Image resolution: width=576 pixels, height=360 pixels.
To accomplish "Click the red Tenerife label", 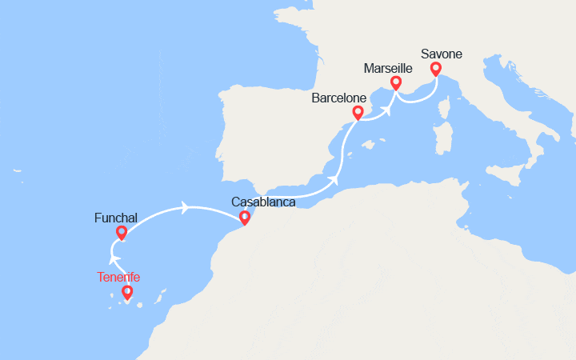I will [x=118, y=277].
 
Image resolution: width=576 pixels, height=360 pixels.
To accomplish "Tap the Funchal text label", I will [x=115, y=217].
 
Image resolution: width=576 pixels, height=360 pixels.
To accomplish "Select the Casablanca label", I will [x=263, y=202].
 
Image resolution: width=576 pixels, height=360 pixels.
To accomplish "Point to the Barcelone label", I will [x=339, y=98].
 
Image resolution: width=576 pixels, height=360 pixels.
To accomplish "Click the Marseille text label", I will [x=388, y=68].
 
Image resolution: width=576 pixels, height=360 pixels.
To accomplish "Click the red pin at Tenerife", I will [x=127, y=293].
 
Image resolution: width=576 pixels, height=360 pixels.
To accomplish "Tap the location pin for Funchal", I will [x=122, y=232].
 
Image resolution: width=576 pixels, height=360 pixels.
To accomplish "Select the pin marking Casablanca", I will [x=245, y=217].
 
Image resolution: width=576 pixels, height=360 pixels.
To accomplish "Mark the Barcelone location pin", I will [x=357, y=113].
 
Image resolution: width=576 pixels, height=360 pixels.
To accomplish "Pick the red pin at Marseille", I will [x=395, y=82].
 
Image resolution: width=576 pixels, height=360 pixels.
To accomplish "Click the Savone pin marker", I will [x=435, y=69].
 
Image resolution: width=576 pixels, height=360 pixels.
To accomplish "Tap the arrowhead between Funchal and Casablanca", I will [x=186, y=208].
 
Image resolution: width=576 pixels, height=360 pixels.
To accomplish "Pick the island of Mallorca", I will [x=368, y=146].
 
